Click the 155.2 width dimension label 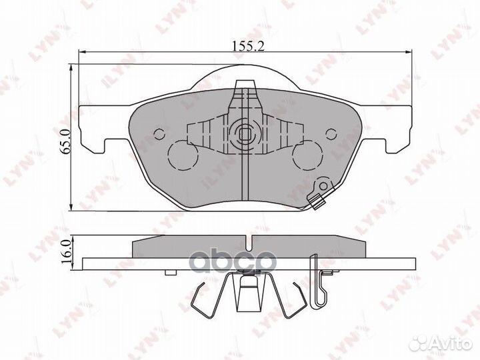pos(244,45)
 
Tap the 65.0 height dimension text pos(65,143)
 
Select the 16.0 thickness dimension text pos(65,253)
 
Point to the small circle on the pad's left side pos(159,133)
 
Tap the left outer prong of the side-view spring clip pos(197,297)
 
